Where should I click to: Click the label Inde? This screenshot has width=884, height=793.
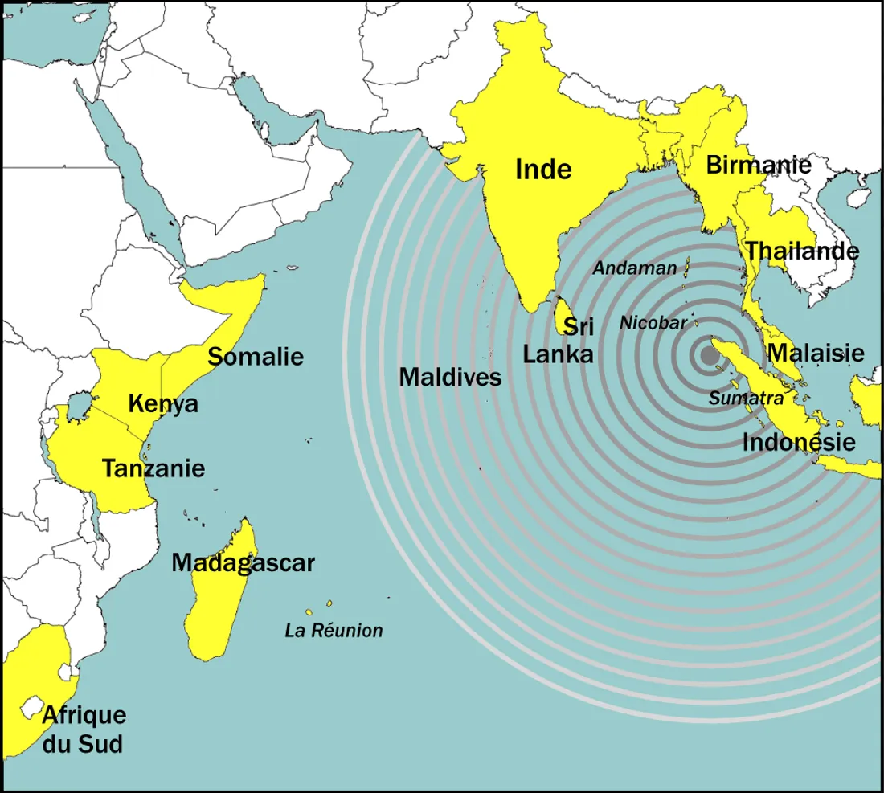(543, 170)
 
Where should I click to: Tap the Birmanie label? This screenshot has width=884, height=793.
(758, 166)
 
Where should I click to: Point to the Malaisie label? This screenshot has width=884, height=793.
(815, 353)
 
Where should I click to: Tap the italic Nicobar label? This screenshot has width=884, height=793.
(653, 323)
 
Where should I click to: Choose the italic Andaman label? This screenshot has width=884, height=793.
(635, 268)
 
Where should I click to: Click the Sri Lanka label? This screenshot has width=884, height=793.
(560, 341)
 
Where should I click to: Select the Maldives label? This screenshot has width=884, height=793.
(450, 376)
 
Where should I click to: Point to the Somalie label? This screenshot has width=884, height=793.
(256, 355)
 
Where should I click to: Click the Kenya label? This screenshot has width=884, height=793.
(163, 403)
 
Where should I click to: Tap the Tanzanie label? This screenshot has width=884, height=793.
(153, 468)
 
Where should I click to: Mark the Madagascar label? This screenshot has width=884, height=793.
(243, 563)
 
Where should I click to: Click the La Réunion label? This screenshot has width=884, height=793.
(334, 631)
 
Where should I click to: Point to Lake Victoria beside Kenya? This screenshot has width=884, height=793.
(79, 406)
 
